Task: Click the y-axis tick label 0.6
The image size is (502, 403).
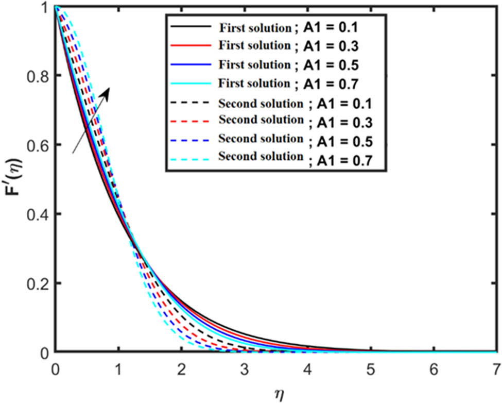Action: point(36,145)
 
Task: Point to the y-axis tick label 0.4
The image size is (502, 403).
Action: point(36,214)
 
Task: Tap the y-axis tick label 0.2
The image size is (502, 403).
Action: point(36,283)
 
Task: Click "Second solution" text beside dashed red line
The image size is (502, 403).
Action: point(261,120)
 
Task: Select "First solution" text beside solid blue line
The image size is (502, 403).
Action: point(254,64)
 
